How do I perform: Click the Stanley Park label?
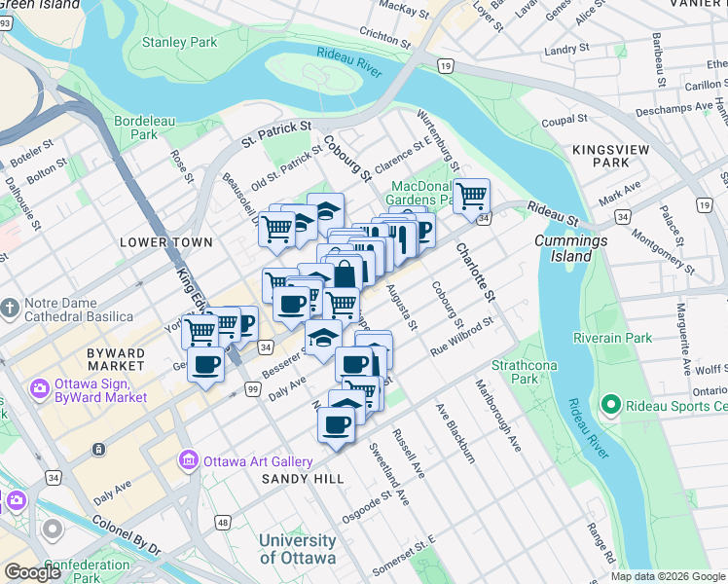[x=179, y=42]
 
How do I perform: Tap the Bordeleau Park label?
[x=135, y=128]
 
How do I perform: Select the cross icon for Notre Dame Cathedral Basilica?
[x=11, y=309]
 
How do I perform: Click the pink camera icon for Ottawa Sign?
[x=40, y=388]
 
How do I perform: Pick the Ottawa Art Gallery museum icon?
[x=188, y=458]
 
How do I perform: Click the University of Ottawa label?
[x=298, y=549]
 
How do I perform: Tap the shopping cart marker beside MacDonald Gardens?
[x=472, y=197]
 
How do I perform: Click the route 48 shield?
[x=223, y=523]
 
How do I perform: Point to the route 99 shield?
[x=253, y=389]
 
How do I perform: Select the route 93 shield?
[x=5, y=24]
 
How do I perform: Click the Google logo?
[x=32, y=573]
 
